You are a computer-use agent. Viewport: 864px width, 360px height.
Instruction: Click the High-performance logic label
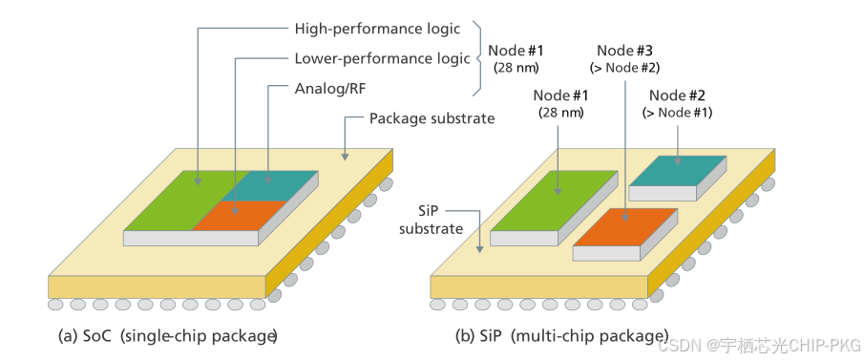[377, 29]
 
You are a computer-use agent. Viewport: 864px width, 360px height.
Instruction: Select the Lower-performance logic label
[382, 58]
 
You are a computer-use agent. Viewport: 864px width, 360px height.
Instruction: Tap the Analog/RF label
[329, 88]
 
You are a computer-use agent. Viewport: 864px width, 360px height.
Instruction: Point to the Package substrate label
[432, 118]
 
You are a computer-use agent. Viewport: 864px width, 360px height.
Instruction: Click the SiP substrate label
[432, 221]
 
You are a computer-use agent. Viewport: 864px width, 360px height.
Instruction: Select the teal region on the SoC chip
[270, 185]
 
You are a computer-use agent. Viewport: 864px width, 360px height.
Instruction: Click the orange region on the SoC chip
[239, 216]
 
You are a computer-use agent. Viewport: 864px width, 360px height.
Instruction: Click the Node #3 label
[625, 51]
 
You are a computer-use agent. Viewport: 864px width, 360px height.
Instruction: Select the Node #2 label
[677, 95]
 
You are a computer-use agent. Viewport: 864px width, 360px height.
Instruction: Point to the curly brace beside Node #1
[477, 58]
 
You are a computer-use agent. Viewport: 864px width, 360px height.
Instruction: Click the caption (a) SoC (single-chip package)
[167, 336]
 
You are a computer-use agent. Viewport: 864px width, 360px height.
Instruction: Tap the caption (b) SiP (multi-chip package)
[562, 336]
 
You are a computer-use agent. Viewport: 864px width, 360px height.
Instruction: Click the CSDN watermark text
[760, 345]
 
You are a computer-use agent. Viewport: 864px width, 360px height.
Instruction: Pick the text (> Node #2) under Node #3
[625, 69]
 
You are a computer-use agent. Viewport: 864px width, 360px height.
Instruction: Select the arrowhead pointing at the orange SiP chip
[625, 217]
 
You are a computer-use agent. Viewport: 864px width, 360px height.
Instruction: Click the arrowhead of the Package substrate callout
[345, 157]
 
